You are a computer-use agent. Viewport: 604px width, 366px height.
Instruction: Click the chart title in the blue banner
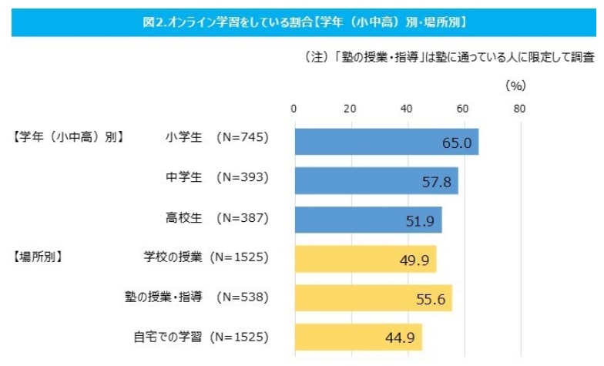tap(302, 22)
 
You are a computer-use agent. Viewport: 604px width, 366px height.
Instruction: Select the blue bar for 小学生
tap(385, 142)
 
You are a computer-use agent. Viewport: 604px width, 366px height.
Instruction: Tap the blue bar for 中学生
tap(375, 181)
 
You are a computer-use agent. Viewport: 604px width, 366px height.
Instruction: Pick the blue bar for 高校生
tap(367, 220)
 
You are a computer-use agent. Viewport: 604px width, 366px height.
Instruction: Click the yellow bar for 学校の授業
tap(364, 259)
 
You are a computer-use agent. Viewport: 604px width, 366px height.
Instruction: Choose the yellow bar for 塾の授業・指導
tap(372, 298)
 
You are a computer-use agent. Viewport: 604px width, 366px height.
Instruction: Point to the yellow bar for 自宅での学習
tap(357, 337)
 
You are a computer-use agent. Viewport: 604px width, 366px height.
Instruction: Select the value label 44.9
tap(398, 337)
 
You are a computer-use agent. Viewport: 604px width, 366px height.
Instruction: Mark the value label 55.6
tap(428, 299)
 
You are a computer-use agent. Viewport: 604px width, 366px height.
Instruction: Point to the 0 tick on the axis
tap(294, 109)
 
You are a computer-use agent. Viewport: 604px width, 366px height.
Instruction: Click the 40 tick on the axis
tap(407, 109)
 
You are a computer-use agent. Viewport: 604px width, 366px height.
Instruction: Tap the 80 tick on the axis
tap(520, 109)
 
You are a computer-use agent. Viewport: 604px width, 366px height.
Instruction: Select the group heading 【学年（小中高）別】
tap(67, 139)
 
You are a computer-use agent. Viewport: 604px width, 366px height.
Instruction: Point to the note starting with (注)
tap(444, 58)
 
